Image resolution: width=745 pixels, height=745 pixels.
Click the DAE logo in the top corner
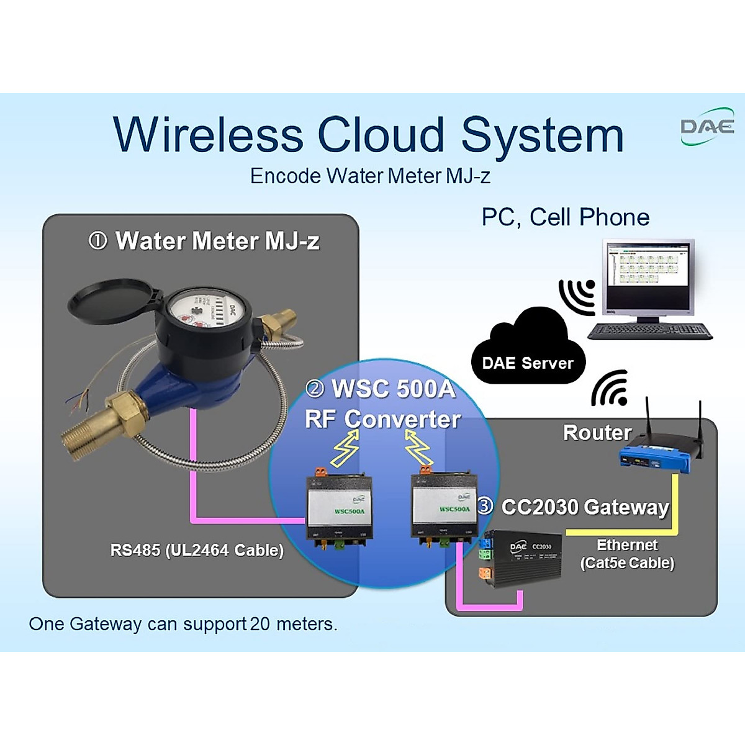[x=707, y=129]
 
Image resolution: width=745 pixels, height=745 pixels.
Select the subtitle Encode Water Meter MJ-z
[x=370, y=176]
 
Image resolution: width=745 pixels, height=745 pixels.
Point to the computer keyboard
[x=649, y=331]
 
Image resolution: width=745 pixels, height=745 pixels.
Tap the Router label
[x=597, y=432]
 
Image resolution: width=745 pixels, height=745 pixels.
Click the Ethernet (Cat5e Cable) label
[x=627, y=554]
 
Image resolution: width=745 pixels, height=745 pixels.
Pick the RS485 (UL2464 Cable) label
[x=197, y=550]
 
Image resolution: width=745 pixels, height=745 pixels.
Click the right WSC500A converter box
[x=443, y=507]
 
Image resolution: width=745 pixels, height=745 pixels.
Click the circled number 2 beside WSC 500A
[x=315, y=389]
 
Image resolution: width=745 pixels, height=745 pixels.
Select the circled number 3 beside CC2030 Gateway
[x=485, y=506]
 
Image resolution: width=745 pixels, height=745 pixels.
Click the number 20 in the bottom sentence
[x=260, y=624]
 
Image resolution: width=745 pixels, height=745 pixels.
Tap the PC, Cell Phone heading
[x=565, y=217]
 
